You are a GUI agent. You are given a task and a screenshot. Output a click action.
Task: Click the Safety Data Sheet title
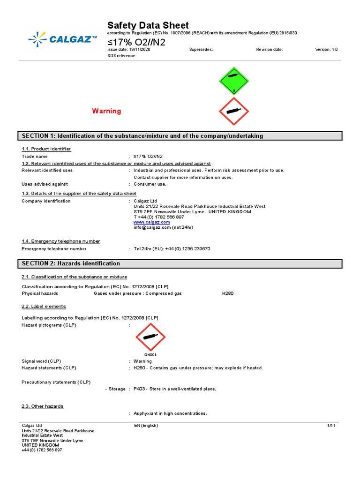click(148, 25)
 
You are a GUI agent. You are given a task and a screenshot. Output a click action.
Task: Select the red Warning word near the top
click(106, 111)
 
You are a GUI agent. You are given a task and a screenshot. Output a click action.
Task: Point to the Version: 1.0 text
click(326, 49)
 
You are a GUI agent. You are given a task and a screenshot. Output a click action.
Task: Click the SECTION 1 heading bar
click(180, 136)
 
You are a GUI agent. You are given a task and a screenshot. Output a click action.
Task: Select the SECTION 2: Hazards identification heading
click(71, 263)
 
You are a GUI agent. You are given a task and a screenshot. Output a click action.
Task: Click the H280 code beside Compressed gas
click(228, 293)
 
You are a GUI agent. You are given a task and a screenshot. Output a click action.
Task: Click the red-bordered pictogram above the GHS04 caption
click(150, 337)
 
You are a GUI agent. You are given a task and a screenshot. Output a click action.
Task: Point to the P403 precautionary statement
click(175, 389)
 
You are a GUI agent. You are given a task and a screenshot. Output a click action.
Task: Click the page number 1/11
click(332, 426)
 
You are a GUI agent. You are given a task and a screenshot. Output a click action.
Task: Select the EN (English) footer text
click(146, 426)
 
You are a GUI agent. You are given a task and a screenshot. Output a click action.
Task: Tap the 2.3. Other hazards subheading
click(43, 406)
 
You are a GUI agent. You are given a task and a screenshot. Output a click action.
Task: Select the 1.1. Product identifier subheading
click(46, 149)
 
